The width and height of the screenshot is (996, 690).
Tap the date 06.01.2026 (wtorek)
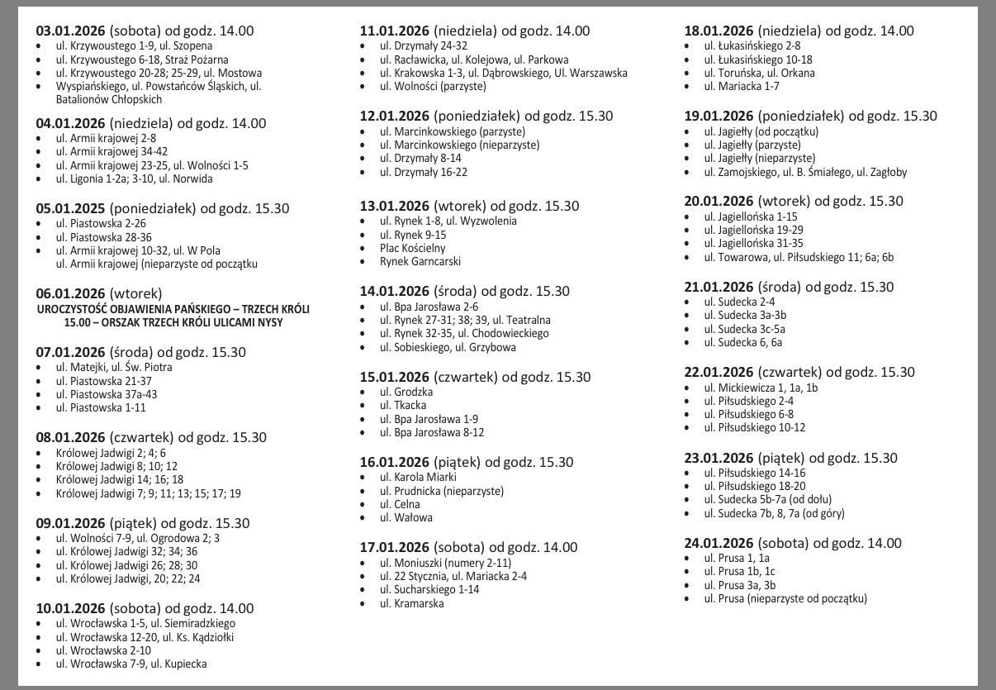(x=98, y=293)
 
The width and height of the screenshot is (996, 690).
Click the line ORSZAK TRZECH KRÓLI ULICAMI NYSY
(x=173, y=322)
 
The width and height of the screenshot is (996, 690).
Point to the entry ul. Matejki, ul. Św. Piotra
(x=114, y=367)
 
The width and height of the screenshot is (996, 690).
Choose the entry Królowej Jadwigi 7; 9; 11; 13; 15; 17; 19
(x=148, y=493)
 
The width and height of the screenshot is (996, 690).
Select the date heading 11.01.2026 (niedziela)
(x=474, y=31)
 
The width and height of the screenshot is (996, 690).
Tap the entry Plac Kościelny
(x=412, y=248)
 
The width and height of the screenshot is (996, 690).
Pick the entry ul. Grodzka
(x=406, y=392)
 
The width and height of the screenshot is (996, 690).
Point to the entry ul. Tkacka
(x=403, y=405)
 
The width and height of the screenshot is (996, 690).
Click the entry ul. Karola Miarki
(x=418, y=477)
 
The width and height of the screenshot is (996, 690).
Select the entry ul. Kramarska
(x=411, y=603)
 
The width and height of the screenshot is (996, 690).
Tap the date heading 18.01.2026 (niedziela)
(x=799, y=31)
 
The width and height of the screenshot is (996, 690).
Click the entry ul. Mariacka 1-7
(x=742, y=86)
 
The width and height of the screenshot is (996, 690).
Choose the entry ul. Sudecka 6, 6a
(x=742, y=342)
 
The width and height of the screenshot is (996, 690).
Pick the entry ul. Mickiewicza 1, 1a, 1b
(x=761, y=387)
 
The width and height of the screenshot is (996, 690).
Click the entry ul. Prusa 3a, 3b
(x=739, y=585)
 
